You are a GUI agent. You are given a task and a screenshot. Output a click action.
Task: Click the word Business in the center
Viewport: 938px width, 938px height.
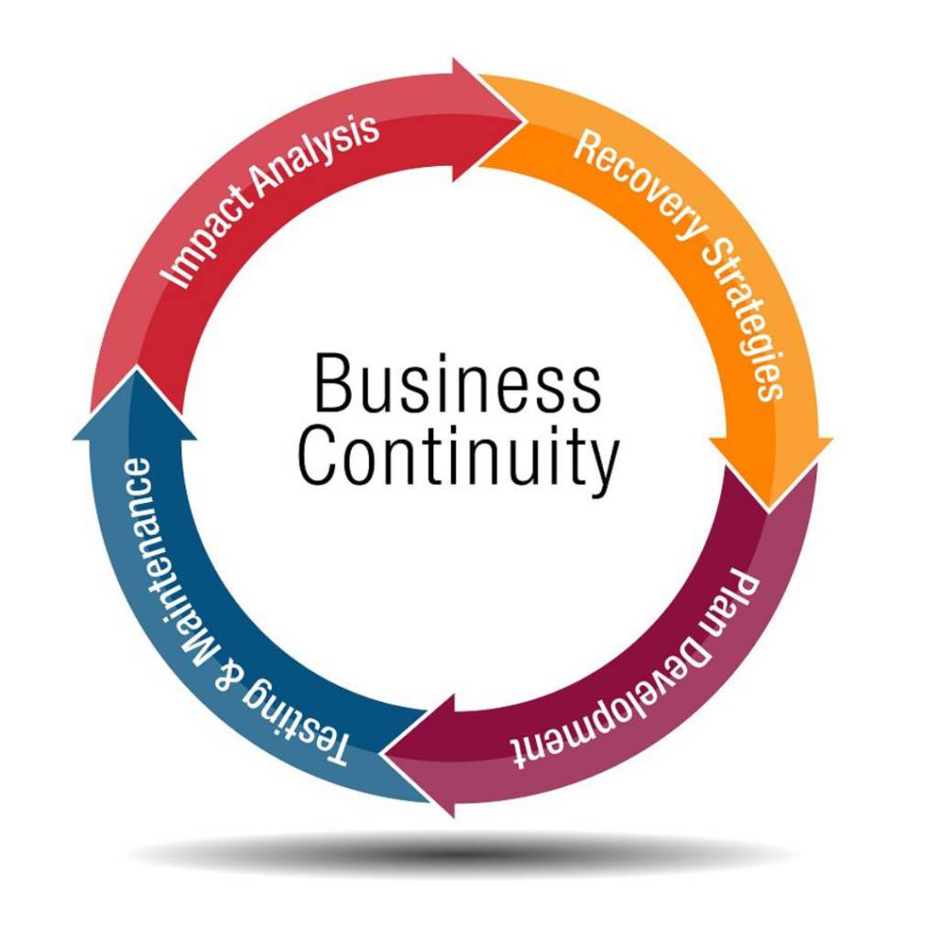click(458, 383)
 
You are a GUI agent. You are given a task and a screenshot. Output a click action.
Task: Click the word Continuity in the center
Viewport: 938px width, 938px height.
click(458, 457)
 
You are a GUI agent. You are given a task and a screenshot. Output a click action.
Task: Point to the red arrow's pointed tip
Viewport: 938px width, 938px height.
click(527, 122)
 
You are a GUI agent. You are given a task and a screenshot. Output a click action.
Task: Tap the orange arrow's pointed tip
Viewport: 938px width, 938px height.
click(769, 510)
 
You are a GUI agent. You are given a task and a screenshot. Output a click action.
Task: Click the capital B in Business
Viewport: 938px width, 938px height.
click(331, 383)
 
